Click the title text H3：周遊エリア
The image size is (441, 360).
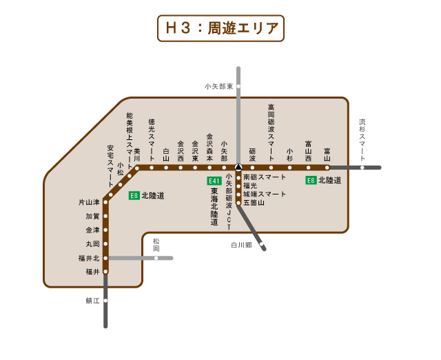tap(220, 29)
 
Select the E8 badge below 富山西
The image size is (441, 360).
tap(311, 181)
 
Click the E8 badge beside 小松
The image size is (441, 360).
tap(134, 196)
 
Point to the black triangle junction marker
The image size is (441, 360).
tap(238, 167)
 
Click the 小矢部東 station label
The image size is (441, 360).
tap(218, 86)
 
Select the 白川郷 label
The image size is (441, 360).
tap(241, 245)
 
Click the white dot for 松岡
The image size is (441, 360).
tap(156, 258)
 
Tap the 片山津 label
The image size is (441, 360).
tap(89, 203)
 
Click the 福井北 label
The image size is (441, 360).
tap(89, 258)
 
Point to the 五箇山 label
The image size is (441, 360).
tap(254, 203)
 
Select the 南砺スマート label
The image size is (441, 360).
tap(265, 177)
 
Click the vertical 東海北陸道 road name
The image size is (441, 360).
tap(214, 207)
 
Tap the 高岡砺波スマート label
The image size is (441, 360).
tap(271, 131)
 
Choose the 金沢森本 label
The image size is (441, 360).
tap(209, 147)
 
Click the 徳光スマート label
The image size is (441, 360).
tap(152, 136)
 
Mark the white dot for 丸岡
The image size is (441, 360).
tap(105, 244)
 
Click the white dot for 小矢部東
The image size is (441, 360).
tap(238, 86)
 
